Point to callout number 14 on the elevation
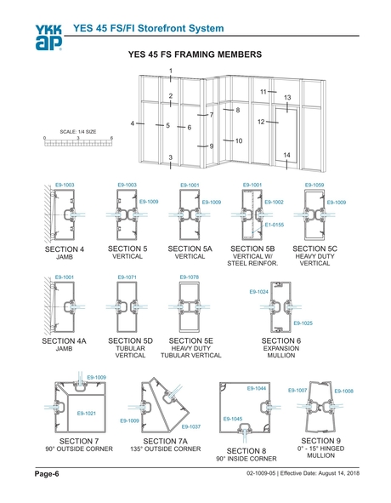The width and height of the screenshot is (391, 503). click(287, 154)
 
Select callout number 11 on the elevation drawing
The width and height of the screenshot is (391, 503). click(263, 91)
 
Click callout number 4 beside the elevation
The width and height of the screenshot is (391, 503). click(133, 124)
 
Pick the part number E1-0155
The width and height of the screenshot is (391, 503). click(275, 224)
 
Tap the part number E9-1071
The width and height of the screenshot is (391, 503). click(127, 277)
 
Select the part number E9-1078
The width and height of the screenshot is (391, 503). click(189, 277)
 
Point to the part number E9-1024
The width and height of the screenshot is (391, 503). click(259, 292)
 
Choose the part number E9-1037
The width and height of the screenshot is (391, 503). click(190, 426)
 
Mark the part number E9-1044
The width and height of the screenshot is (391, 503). click(257, 388)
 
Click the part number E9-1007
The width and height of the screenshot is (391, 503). click(297, 390)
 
